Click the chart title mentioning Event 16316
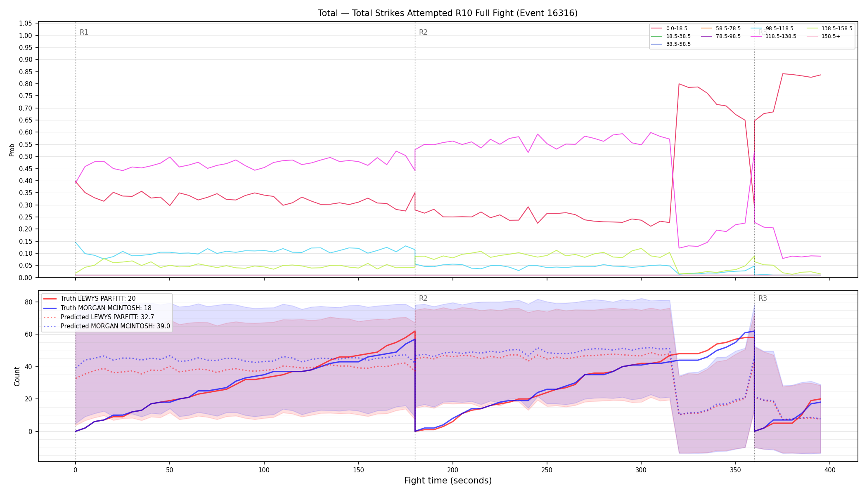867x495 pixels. [448, 13]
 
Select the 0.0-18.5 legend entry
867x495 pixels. [669, 28]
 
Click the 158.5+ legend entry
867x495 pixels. [824, 36]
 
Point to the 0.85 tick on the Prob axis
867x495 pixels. [26, 72]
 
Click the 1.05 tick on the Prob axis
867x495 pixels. [26, 24]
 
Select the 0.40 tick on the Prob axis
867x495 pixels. [26, 181]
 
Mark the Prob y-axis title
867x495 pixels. [12, 150]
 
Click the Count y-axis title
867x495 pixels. [17, 376]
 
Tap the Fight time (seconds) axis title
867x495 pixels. [448, 481]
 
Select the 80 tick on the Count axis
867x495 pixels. [28, 302]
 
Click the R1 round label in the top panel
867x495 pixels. [84, 32]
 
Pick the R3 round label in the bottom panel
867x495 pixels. [763, 298]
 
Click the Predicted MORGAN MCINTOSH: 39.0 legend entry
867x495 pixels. [107, 326]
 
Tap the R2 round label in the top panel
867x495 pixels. [423, 32]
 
